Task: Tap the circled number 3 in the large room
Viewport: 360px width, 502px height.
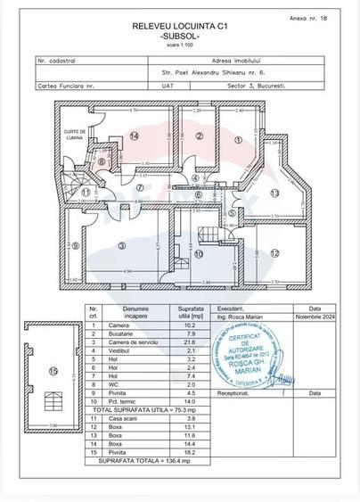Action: point(122,244)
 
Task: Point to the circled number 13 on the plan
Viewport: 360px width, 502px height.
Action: point(275,193)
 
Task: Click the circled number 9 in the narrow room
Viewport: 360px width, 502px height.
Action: point(76,247)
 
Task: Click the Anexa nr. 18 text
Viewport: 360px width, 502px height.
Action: point(311,17)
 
